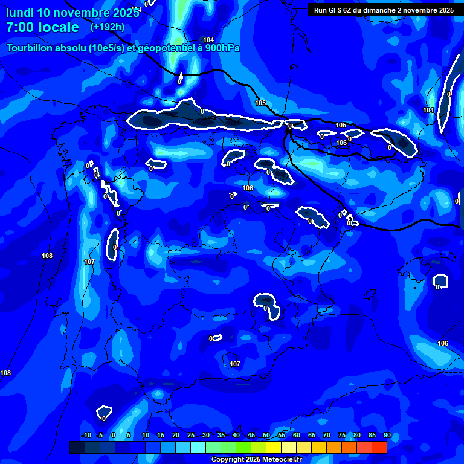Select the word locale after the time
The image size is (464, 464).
click(58, 27)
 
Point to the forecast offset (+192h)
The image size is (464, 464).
click(107, 27)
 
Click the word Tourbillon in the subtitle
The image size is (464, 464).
click(29, 48)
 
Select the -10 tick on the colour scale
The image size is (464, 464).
click(86, 436)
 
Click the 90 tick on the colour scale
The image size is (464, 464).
click(387, 436)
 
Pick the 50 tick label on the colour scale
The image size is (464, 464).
click(266, 436)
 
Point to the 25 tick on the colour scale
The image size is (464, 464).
click(191, 436)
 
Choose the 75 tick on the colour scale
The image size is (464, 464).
click(341, 436)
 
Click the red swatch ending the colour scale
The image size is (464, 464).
click(379, 447)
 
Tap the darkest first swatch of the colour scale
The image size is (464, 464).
click(77, 447)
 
